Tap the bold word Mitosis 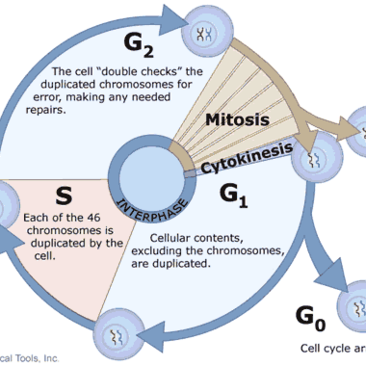click(237, 120)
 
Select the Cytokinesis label click(246, 158)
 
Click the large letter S click(64, 196)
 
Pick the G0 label click(310, 318)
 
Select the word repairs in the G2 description click(46, 110)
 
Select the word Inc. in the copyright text click(51, 358)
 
